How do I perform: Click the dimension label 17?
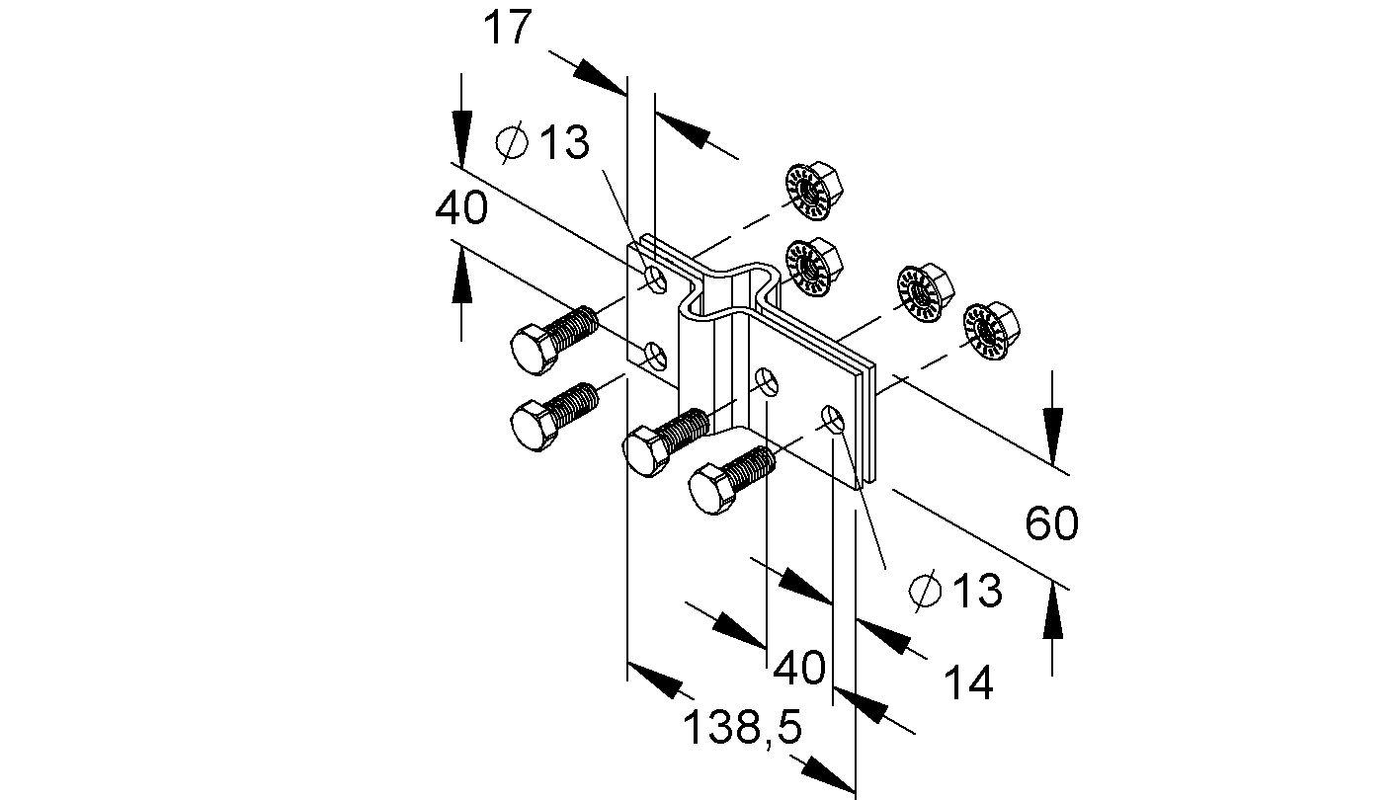pyautogui.click(x=507, y=28)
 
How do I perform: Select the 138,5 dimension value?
pyautogui.click(x=742, y=729)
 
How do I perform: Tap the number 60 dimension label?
pyautogui.click(x=1051, y=523)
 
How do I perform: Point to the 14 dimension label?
pyautogui.click(x=968, y=682)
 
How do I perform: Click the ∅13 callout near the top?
pyautogui.click(x=543, y=144)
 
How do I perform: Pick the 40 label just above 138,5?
pyautogui.click(x=798, y=669)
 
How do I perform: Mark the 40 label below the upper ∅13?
pyautogui.click(x=460, y=208)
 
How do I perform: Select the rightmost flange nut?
pyautogui.click(x=992, y=331)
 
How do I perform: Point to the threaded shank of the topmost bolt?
pyautogui.click(x=574, y=326)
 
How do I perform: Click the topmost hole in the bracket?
pyautogui.click(x=655, y=277)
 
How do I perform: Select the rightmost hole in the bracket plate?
pyautogui.click(x=834, y=419)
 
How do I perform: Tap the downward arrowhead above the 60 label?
pyautogui.click(x=1053, y=439)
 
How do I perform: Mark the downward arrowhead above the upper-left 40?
pyautogui.click(x=460, y=133)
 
